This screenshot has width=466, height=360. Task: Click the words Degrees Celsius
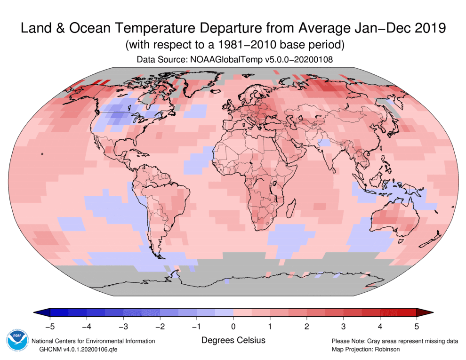tap(233, 340)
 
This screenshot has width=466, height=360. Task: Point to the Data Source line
tap(233, 60)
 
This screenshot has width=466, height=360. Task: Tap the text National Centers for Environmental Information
tap(93, 341)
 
